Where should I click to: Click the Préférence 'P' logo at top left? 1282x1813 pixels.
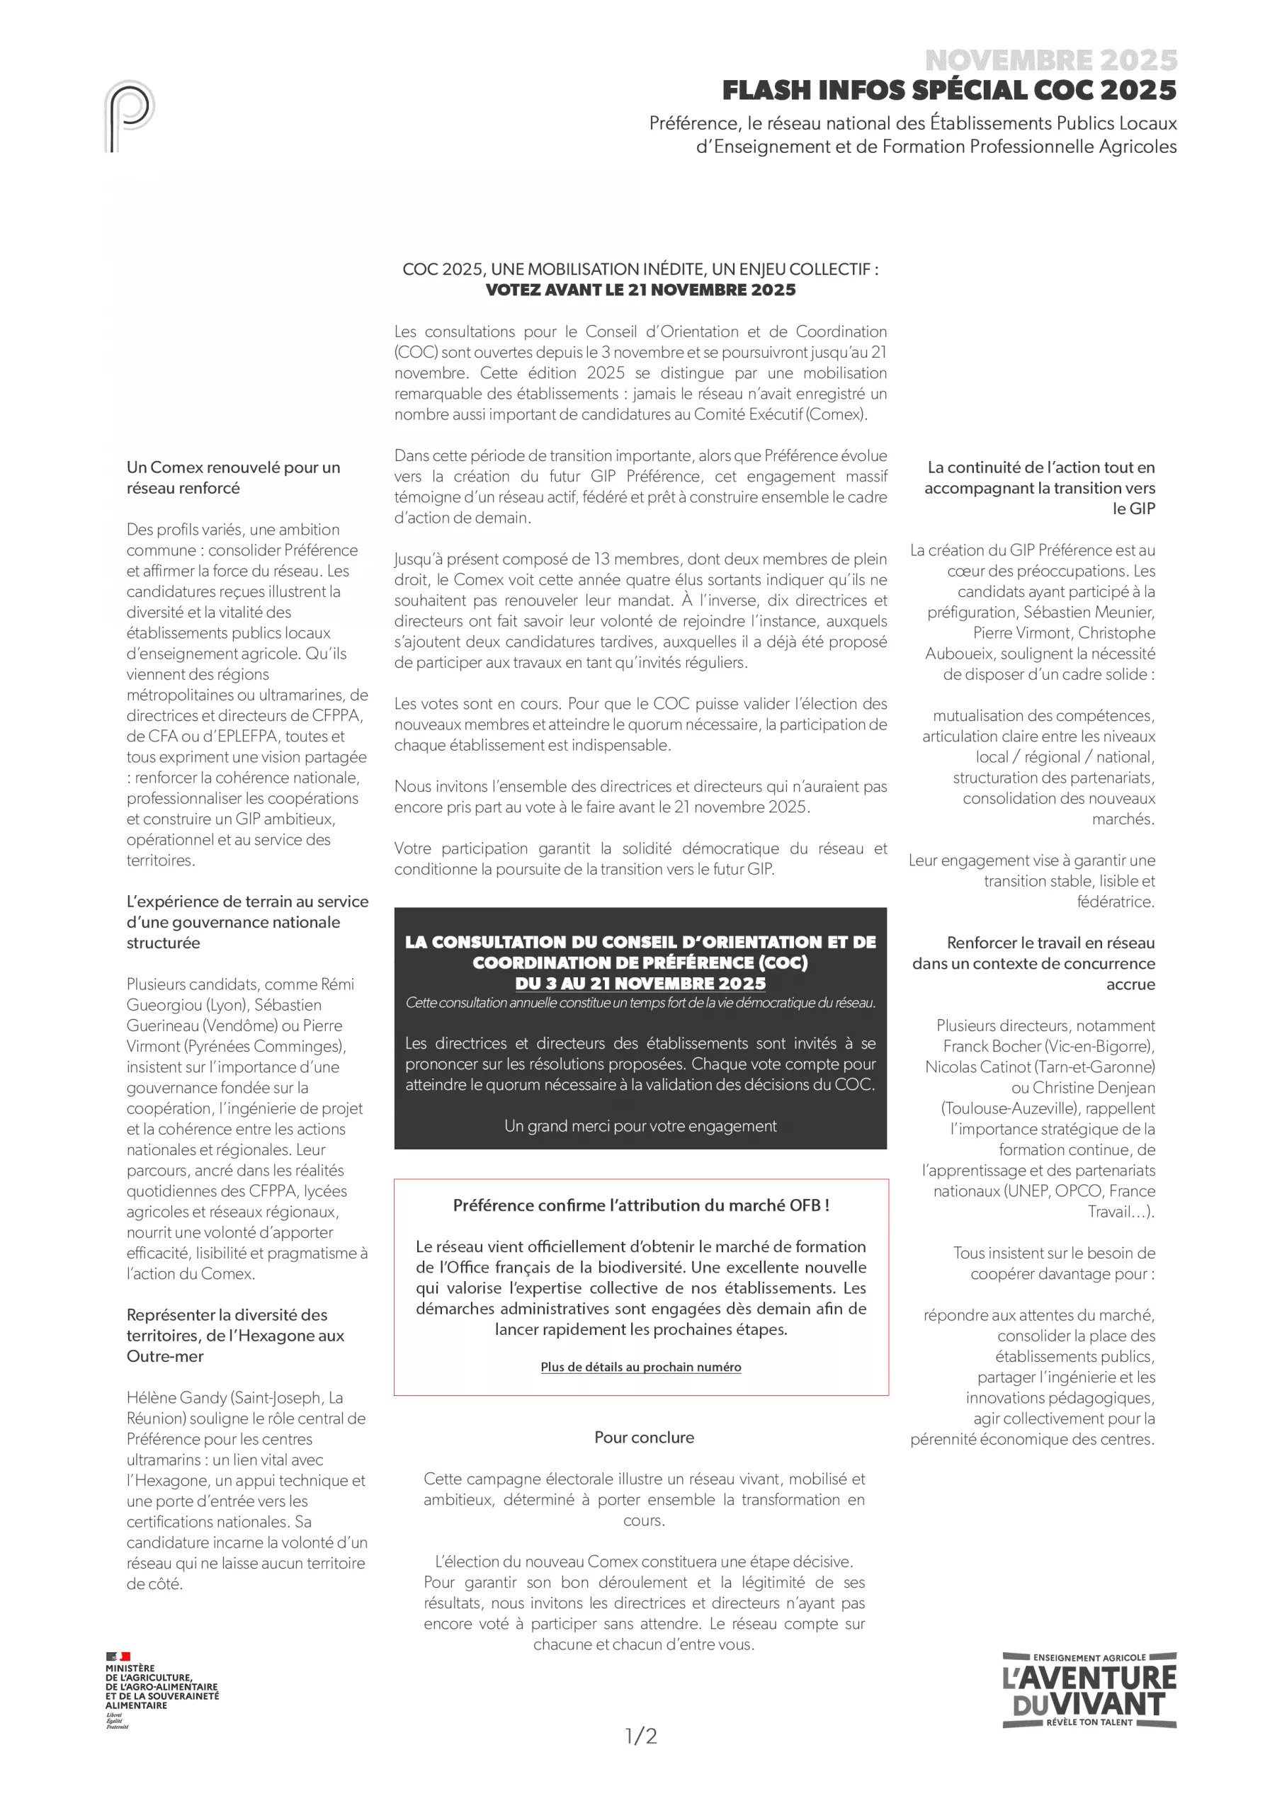point(129,115)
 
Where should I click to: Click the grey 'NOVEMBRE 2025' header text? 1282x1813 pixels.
point(1050,60)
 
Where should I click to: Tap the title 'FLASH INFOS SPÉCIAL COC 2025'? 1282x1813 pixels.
point(948,91)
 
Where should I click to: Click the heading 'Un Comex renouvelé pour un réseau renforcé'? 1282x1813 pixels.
point(233,478)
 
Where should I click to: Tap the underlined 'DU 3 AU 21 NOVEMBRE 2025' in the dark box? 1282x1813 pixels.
point(640,983)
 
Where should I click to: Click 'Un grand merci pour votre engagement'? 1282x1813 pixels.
point(640,1126)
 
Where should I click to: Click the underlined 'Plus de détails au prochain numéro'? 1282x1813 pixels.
point(640,1367)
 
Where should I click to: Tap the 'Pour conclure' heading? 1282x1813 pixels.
point(644,1437)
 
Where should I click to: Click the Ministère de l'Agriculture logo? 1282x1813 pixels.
point(162,1690)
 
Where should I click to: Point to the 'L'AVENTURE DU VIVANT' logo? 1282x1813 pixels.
point(1089,1690)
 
